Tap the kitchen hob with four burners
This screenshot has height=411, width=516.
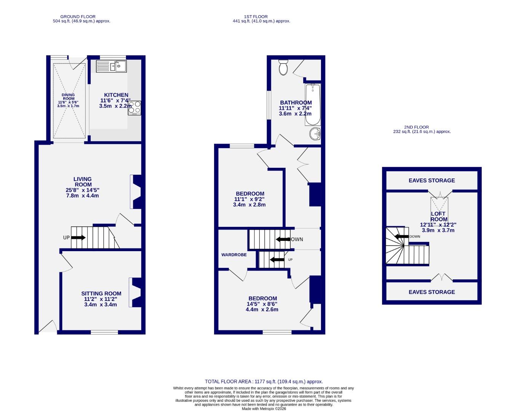tap(134, 108)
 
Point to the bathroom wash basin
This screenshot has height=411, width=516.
tap(315, 134)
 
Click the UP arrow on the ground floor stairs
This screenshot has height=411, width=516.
tap(78, 237)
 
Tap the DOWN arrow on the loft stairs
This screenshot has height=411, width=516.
tap(401, 237)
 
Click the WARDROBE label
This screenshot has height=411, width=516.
tap(234, 255)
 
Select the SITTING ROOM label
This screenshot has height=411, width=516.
tap(101, 293)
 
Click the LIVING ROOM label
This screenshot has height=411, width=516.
tap(83, 182)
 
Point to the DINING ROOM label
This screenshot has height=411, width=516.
tap(69, 97)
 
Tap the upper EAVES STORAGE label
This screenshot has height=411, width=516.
tap(431, 180)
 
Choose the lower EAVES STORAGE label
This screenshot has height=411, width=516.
tap(431, 292)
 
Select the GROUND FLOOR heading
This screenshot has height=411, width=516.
tap(78, 17)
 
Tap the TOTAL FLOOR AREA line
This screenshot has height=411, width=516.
tap(264, 381)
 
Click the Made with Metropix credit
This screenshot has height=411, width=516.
tap(264, 409)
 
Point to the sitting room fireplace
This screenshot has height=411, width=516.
tap(136, 292)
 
